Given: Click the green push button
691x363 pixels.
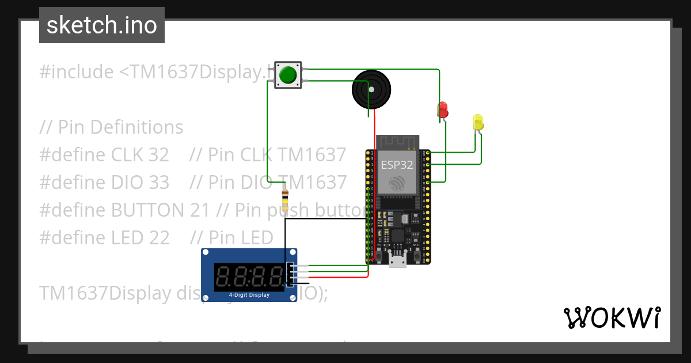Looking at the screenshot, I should [288, 75].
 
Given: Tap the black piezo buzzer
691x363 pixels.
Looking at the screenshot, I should [371, 90].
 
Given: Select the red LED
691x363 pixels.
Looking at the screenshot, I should [443, 109].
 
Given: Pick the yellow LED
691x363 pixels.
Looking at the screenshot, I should [478, 122].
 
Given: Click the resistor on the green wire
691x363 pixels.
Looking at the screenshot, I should [284, 201].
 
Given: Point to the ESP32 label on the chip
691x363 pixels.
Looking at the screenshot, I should [397, 164].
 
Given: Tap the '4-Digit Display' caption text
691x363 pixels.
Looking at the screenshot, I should [249, 295].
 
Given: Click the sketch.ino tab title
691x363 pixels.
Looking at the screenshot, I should [102, 25].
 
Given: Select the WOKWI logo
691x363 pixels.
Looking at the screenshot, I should [612, 317].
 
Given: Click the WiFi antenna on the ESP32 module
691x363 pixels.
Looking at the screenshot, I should [397, 142].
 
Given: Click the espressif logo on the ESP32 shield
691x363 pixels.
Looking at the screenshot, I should [397, 183].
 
